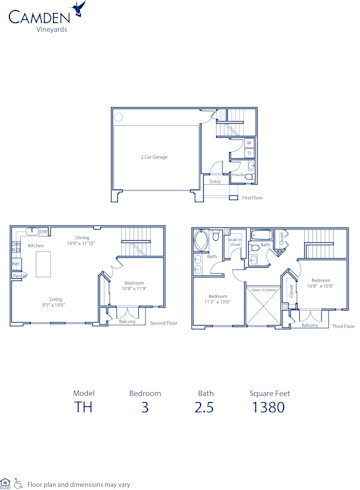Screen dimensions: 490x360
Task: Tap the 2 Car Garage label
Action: (x=153, y=155)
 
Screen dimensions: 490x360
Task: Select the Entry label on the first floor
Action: (x=215, y=181)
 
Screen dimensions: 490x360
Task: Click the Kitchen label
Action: (x=36, y=246)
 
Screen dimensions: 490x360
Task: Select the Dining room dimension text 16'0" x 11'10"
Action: (x=81, y=241)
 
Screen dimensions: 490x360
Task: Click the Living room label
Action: (x=54, y=300)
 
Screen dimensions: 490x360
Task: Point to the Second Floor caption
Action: (x=163, y=324)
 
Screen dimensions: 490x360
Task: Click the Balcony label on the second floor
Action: (x=127, y=321)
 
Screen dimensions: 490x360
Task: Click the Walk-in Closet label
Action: (x=235, y=241)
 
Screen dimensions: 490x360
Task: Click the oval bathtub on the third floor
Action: (x=204, y=240)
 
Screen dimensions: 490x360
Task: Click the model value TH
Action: (x=83, y=408)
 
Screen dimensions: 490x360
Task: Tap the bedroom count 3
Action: (x=144, y=408)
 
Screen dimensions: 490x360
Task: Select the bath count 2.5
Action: (x=206, y=408)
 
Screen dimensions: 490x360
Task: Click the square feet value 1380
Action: (x=269, y=408)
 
